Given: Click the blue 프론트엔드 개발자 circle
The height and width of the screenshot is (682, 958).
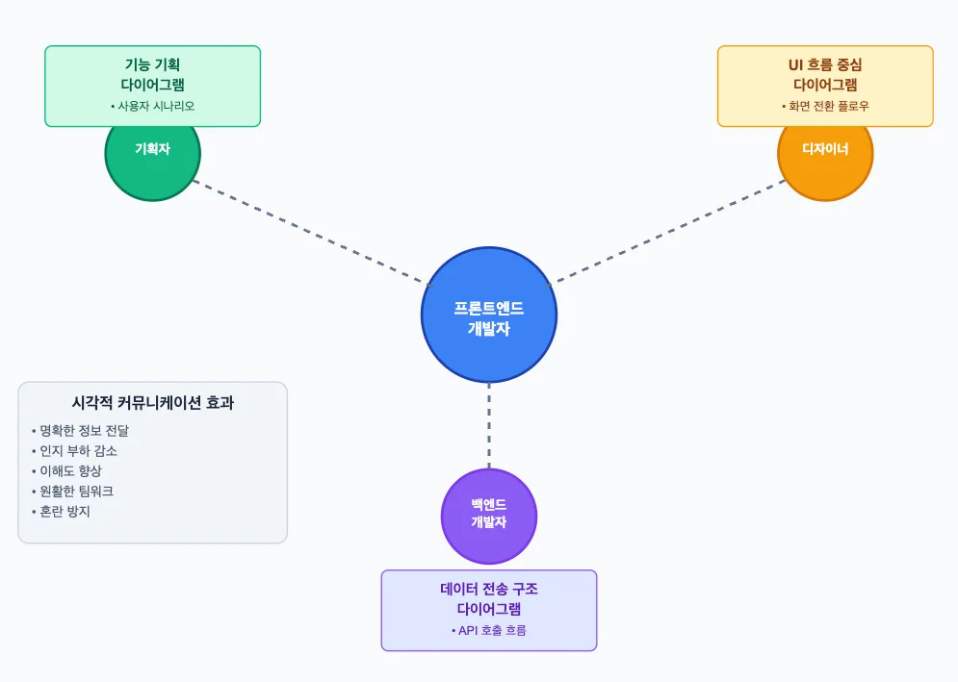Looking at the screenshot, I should point(489,316).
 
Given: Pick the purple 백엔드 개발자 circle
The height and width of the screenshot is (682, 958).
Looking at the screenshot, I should point(489,516).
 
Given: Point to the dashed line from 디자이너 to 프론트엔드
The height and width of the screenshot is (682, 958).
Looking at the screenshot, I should point(669,231).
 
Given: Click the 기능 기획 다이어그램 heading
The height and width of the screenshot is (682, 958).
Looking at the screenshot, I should point(153,75).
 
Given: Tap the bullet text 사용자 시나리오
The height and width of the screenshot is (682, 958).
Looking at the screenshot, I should point(153,106).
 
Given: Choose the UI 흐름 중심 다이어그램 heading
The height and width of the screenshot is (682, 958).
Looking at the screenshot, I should point(825,75).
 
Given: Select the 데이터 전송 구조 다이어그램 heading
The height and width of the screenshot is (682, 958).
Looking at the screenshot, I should point(489,598).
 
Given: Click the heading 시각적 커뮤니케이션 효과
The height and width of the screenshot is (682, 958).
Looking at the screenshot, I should point(153,403).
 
